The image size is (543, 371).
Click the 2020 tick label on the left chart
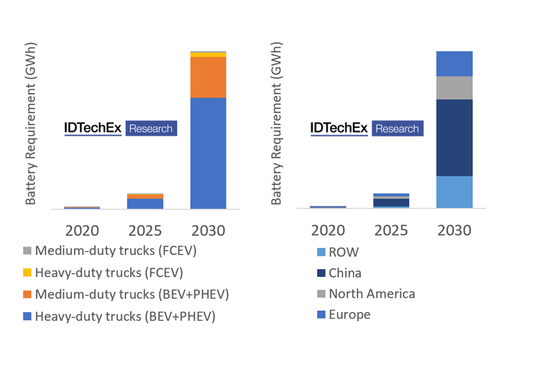coord(82,231)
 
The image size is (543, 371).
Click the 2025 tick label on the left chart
coord(145,231)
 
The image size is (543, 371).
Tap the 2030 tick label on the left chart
coord(208,231)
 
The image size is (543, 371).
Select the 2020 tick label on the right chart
coord(328,230)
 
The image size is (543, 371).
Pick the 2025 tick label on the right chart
coord(391,230)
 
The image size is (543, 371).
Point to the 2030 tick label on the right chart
coord(455,230)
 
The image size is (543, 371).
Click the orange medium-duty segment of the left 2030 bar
coord(208,77)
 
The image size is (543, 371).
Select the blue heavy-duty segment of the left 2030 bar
coord(208,153)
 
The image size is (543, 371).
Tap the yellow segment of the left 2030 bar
coord(208,55)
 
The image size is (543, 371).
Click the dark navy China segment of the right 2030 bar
coord(455,137)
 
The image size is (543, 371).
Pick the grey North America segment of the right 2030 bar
coord(455,88)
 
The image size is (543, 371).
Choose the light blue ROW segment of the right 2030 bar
coord(455,192)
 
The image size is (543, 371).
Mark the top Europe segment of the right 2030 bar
coord(455,63)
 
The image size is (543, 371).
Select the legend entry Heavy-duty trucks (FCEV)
coord(110,272)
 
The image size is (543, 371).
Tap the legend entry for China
coord(345,273)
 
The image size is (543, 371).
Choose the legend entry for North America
coord(371,294)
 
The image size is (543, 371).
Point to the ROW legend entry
coord(343,252)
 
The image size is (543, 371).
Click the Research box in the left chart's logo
coord(151,129)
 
